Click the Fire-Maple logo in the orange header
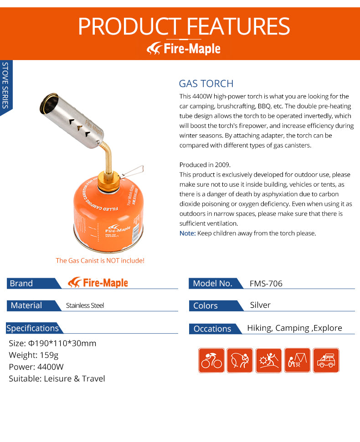pos(184,48)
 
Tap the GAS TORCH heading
pos(206,84)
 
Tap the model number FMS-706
pos(266,284)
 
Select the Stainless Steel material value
pos(85,305)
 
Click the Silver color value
pos(260,305)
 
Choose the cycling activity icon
pos(211,361)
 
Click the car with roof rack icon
pos(326,361)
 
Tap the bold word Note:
pos(187,233)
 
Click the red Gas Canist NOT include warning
pos(100,261)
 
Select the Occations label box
pos(212,329)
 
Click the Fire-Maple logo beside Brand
pos(98,283)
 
